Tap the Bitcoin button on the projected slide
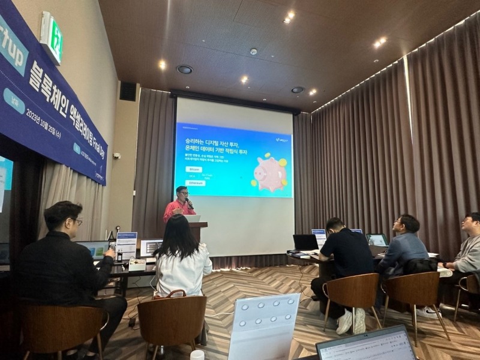point(196,170)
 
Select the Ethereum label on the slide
point(196,183)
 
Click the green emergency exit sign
point(52,38)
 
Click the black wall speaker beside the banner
point(128,91)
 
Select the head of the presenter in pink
point(182,194)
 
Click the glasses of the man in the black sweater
point(77,221)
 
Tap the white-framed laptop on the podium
point(193,218)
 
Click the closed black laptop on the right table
point(305,242)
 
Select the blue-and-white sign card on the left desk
point(127,245)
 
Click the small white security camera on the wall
point(116,156)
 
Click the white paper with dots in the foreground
point(264,327)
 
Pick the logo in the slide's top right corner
point(281,140)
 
